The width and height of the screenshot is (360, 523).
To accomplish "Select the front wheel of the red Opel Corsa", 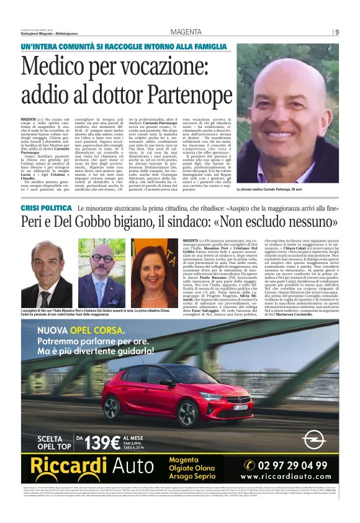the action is pyautogui.click(x=186, y=412).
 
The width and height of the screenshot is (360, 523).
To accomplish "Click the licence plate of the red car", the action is pyautogui.click(x=240, y=408).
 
